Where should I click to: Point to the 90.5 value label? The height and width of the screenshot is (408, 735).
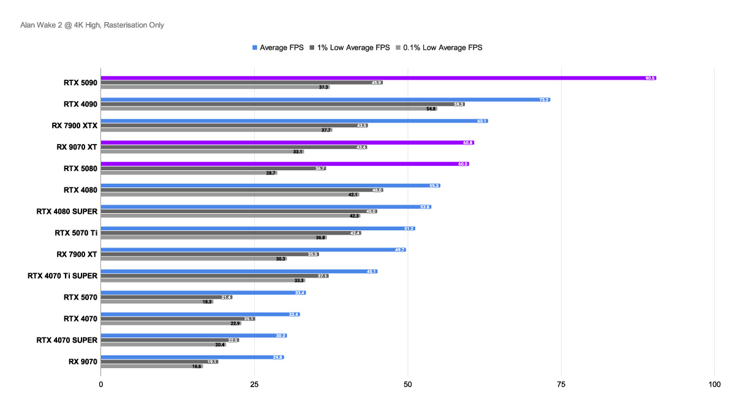650,78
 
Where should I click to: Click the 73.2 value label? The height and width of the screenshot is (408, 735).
544,99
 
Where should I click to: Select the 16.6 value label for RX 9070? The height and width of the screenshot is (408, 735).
197,366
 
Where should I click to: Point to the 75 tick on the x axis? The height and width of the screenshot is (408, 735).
561,385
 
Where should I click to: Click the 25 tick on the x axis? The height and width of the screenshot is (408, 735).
254,385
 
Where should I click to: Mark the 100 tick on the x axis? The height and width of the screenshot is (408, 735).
714,385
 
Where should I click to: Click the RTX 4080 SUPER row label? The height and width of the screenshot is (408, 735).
67,211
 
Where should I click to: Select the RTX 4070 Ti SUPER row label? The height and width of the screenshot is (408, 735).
62,276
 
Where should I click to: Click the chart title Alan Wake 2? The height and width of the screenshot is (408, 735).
92,25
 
